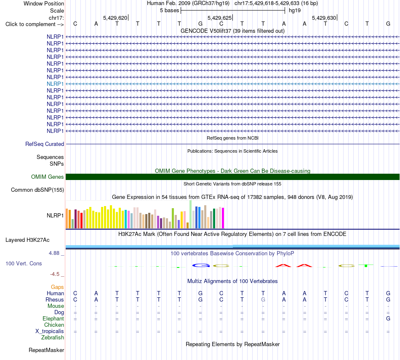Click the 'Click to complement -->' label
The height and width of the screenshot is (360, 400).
pos(35,24)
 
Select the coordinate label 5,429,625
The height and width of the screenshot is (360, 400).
pos(219,18)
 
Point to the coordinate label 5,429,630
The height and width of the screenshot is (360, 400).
pos(324,18)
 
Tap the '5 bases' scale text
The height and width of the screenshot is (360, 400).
pos(169,11)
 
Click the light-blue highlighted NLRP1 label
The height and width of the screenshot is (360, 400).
pos(55,84)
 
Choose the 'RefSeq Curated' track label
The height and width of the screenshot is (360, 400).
pos(45,144)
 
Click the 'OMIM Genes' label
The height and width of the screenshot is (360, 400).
pos(48,177)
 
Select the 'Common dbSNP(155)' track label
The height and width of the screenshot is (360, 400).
pos(37,190)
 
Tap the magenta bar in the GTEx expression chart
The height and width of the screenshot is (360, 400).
pos(223,218)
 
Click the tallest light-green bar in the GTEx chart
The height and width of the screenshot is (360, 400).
pos(191,214)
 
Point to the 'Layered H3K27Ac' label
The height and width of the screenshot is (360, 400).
pos(27,240)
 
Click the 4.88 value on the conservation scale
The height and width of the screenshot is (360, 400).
pos(54,253)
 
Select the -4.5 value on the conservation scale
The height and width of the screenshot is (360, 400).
pos(55,274)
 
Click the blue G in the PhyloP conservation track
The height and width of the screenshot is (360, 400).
pos(201,265)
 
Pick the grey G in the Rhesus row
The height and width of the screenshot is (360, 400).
pos(263,299)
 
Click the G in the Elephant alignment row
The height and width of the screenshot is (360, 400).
pos(388,318)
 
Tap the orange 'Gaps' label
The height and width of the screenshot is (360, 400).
pos(57,287)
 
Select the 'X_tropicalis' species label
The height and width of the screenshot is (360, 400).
pos(50,331)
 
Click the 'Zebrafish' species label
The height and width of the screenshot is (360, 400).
pos(53,338)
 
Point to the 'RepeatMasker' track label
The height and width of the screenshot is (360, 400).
pos(46,350)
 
